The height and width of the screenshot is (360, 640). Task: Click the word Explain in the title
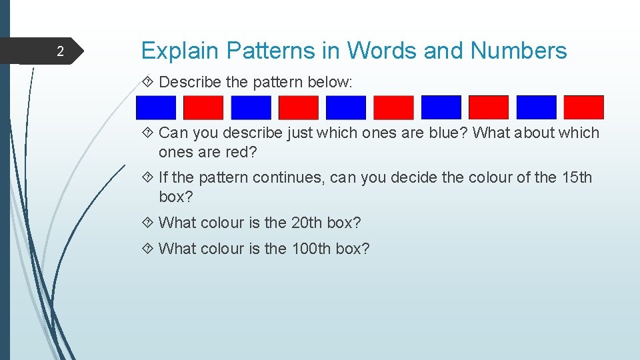coord(180,51)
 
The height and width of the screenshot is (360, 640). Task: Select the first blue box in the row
coord(156,107)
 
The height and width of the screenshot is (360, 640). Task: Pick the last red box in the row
coord(583,107)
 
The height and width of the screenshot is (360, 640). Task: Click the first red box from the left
coord(203,107)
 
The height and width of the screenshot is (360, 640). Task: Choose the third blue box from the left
coord(346,107)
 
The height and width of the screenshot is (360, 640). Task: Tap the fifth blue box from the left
coord(536,107)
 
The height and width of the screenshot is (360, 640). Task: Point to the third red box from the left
coord(393,107)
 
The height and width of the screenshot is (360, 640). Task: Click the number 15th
coord(576,178)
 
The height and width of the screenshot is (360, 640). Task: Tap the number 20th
coord(307,223)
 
